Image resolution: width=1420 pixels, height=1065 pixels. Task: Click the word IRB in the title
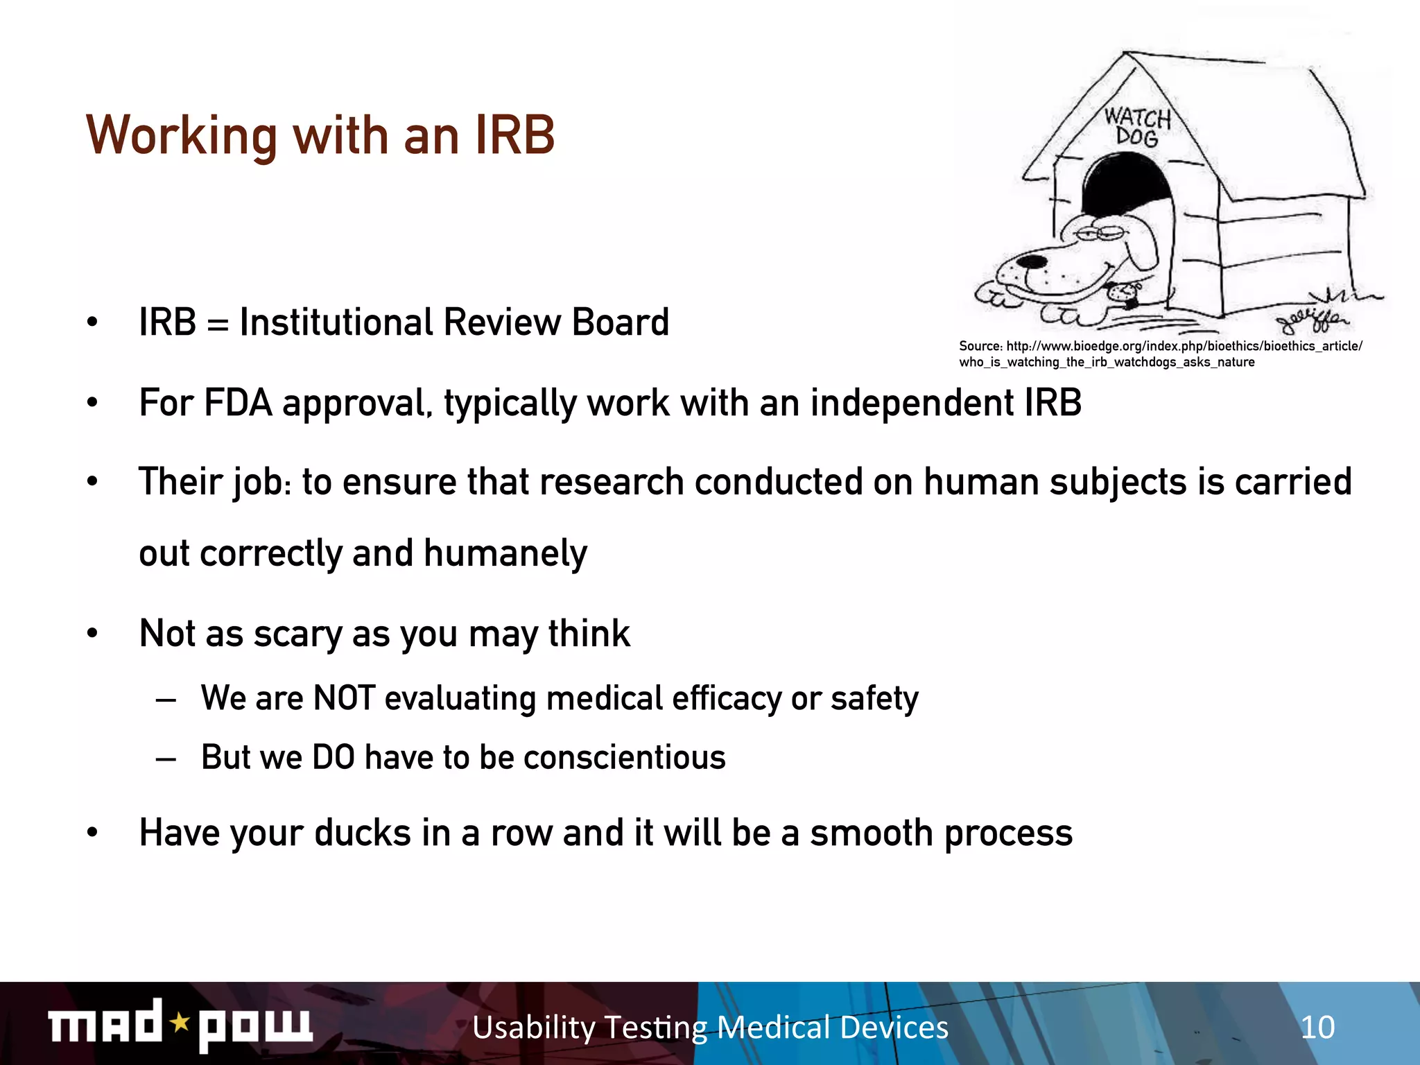[x=514, y=135]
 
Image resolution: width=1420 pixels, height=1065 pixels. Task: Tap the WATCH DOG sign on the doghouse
[x=1137, y=127]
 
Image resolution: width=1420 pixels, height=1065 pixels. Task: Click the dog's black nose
[x=1031, y=262]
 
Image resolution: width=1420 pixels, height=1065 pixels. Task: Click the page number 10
[x=1317, y=1027]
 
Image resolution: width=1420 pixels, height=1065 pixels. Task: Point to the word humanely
[x=505, y=553]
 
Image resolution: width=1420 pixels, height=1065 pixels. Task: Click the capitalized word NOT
[x=344, y=698]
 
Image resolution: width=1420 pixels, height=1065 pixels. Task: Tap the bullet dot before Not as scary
[x=92, y=633]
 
